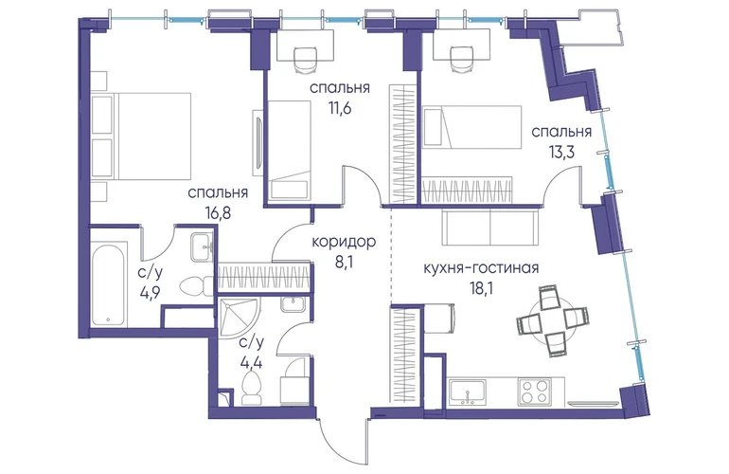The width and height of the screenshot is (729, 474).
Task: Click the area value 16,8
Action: pos(218,213)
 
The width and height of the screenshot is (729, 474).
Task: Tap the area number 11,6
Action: pos(339,108)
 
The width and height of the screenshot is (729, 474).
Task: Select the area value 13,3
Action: pos(561,153)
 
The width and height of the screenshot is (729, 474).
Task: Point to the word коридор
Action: pos(344,242)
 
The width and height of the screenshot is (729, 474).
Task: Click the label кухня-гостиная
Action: pos(481,268)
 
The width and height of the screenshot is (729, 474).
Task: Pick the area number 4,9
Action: pos(151,294)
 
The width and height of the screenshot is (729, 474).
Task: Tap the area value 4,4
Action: pos(251,362)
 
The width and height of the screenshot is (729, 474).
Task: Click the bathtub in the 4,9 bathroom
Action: pos(108,284)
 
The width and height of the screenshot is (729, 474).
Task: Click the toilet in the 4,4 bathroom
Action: pos(252,388)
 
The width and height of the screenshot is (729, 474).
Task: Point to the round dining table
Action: pos(552,320)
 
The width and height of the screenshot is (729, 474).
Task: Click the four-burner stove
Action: pos(535,391)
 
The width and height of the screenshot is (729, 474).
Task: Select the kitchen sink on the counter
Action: pos(468,392)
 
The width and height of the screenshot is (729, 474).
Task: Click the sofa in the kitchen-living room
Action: pos(490,227)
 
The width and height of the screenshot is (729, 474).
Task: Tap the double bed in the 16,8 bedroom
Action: pos(141,136)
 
